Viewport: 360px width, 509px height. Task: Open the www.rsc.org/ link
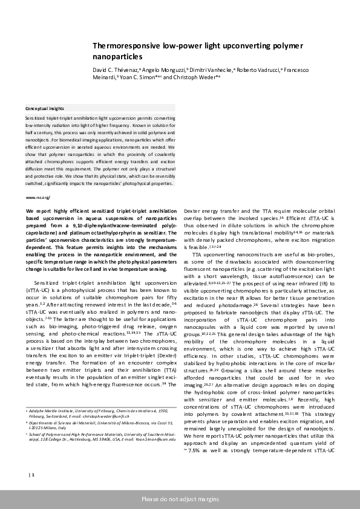38,198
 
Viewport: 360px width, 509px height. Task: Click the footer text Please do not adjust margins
180,499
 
